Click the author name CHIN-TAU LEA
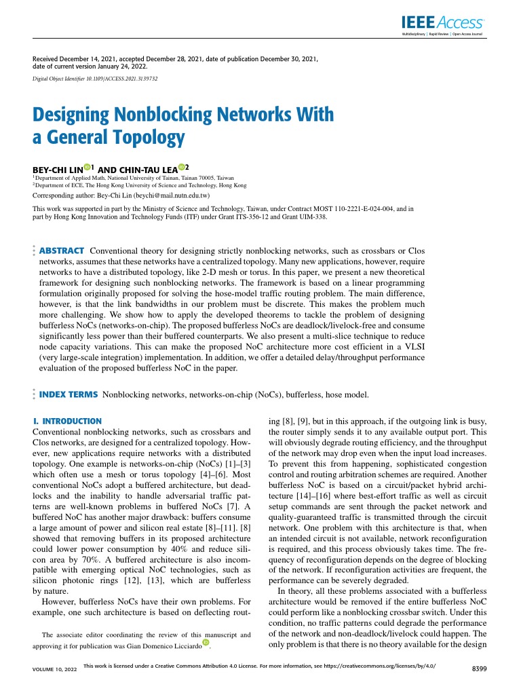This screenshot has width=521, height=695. [146, 168]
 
